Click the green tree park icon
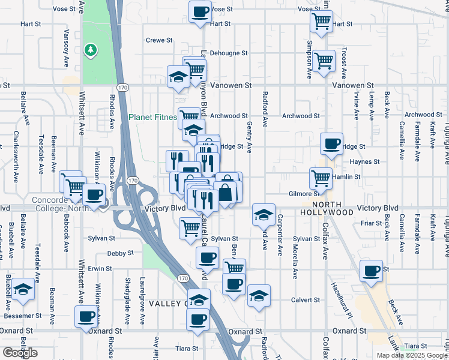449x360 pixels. click(x=91, y=50)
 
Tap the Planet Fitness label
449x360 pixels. click(x=152, y=118)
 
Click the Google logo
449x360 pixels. click(x=20, y=353)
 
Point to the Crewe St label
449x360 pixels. click(x=159, y=40)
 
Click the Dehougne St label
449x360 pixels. click(x=229, y=53)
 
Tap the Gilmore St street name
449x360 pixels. click(x=303, y=194)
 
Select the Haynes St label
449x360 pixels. click(x=363, y=161)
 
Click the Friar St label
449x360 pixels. click(x=371, y=223)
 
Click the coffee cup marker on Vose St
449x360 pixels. click(x=200, y=11)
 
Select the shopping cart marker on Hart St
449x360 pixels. click(x=321, y=21)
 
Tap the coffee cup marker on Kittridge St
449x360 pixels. click(x=331, y=144)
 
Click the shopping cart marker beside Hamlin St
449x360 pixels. click(x=321, y=178)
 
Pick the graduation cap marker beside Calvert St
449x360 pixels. click(x=259, y=296)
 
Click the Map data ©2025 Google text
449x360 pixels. click(x=412, y=355)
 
